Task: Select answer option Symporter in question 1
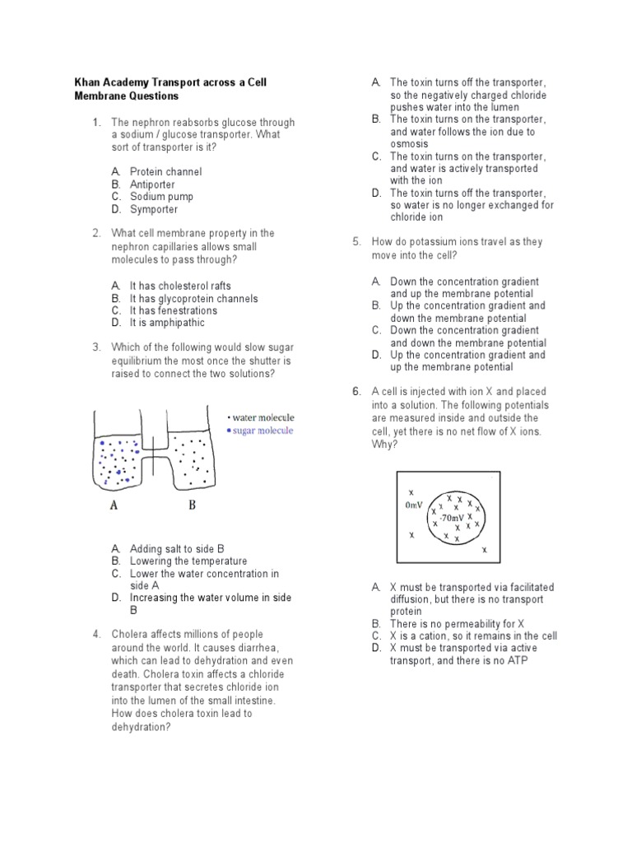pos(154,209)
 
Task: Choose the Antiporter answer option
pos(152,184)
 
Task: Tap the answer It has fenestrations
pos(174,310)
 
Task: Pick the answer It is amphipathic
pos(167,323)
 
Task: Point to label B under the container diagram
pos(191,505)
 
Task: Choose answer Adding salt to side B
pos(177,548)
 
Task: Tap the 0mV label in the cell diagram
pos(413,504)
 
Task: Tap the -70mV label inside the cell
pos(451,519)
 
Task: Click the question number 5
pos(356,242)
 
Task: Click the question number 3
pos(96,347)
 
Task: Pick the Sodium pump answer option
pos(161,197)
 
